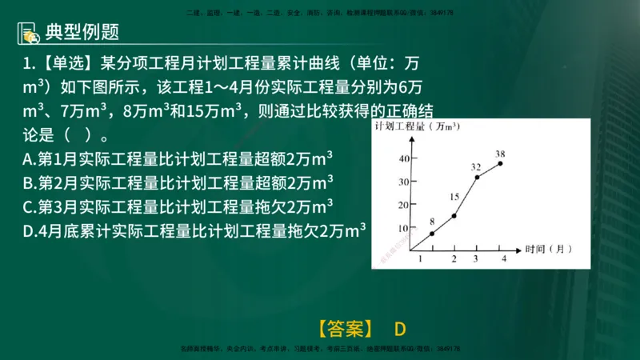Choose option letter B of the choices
coord(29,182)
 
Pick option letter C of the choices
coord(29,207)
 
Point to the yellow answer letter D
coord(401,329)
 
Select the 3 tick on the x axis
coord(476,258)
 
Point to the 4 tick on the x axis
coord(503,258)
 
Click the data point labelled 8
coord(432,233)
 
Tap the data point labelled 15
coord(454,215)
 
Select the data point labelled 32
coord(477,177)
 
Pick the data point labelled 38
coord(501,163)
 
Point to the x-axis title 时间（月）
coord(549,250)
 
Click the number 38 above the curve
coord(500,153)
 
